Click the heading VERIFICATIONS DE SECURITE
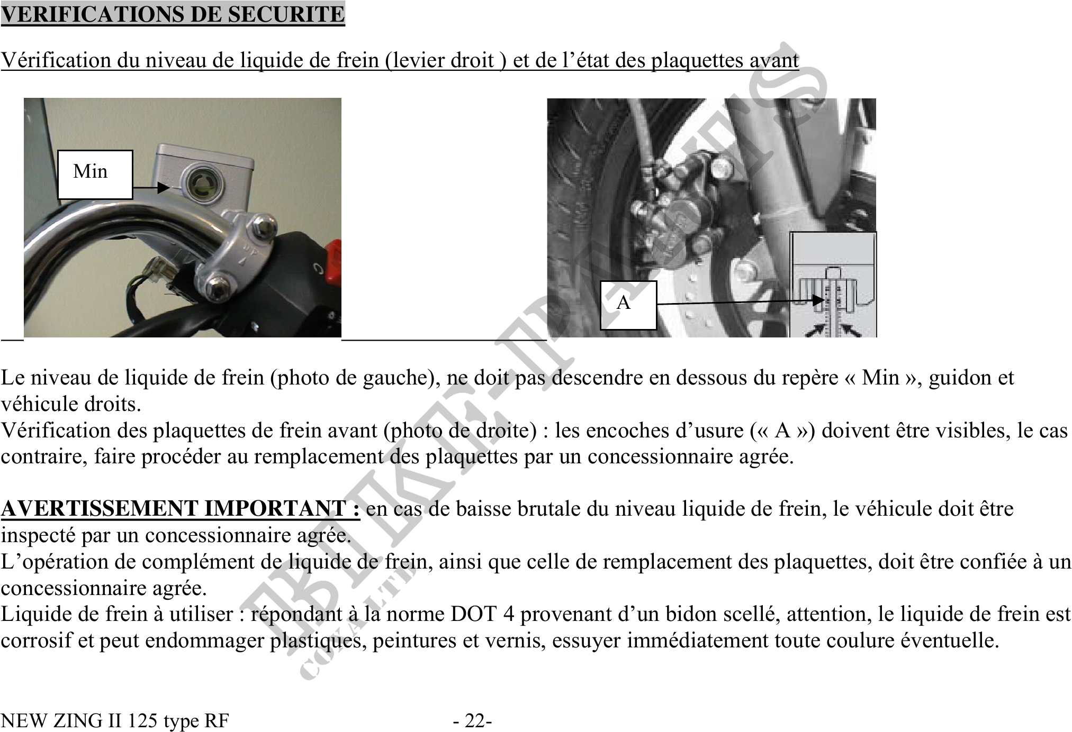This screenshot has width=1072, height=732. click(x=173, y=14)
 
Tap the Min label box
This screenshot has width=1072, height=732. click(x=95, y=175)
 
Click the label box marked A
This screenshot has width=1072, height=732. click(x=628, y=305)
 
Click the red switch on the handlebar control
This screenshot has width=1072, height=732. click(x=335, y=260)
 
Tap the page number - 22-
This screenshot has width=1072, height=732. click(x=472, y=720)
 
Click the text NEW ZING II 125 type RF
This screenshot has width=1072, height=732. click(x=115, y=720)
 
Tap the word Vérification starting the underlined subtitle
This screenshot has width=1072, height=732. click(x=56, y=60)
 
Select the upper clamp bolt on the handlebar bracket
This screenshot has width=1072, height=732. click(x=263, y=225)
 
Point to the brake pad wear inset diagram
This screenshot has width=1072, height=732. click(x=833, y=286)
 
